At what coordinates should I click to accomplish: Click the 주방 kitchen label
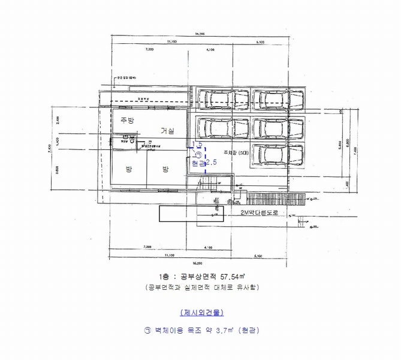(x=127, y=120)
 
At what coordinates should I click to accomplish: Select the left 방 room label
(x=128, y=170)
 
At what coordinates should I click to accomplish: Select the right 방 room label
(x=165, y=170)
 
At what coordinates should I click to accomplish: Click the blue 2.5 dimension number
(x=210, y=163)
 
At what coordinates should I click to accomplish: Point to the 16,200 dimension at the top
(x=200, y=34)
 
